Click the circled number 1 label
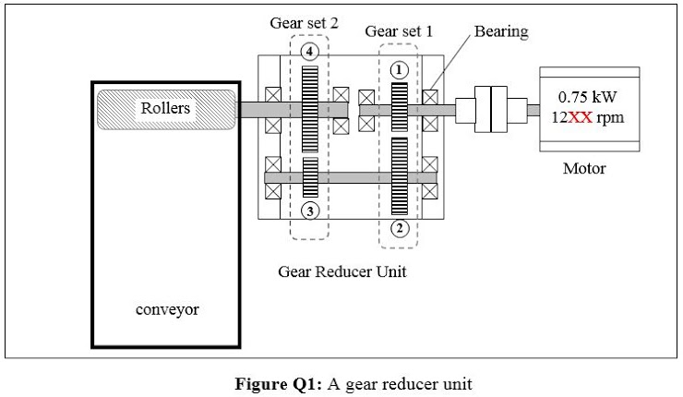pos(399,70)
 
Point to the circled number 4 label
pos(310,52)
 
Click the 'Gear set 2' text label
pos(304,23)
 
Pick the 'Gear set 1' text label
pos(399,31)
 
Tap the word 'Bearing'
pos(501,32)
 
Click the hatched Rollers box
pos(165,109)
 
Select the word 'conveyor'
pos(167,309)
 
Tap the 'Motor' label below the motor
pos(584,168)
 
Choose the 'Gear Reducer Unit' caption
pos(341,272)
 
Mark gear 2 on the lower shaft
pos(399,177)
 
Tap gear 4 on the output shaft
pos(310,108)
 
